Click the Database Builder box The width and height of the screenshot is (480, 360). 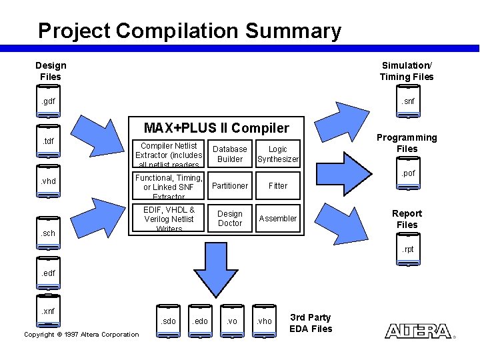230,154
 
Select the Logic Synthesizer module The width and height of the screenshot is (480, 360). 278,154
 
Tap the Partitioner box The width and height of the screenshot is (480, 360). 230,186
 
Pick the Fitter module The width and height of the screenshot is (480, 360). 278,186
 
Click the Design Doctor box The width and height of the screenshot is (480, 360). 230,218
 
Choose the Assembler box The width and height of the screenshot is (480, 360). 278,218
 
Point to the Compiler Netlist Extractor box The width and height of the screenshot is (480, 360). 169,155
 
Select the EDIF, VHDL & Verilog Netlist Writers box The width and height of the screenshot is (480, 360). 169,219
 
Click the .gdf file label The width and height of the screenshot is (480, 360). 48,102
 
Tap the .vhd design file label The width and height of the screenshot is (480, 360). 48,181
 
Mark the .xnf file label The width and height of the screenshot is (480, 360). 48,311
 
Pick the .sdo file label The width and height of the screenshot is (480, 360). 169,321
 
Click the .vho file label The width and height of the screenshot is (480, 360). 265,321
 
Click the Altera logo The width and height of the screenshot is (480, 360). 418,331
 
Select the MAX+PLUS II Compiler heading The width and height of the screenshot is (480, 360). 217,127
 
